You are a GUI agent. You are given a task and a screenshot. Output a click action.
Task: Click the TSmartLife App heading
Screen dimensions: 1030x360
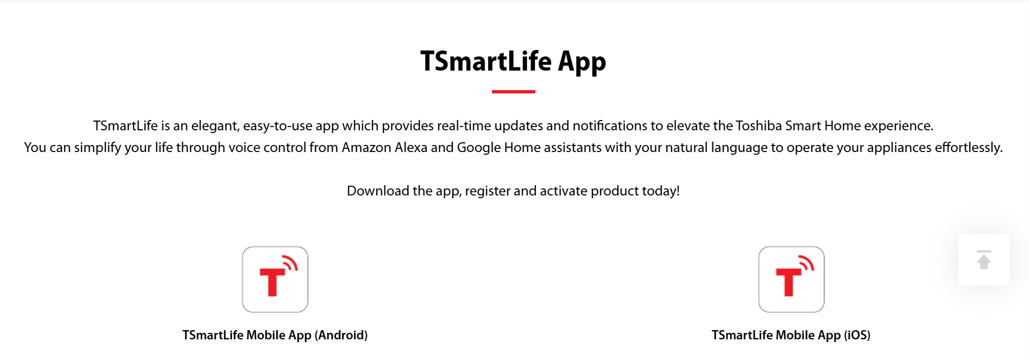(x=513, y=61)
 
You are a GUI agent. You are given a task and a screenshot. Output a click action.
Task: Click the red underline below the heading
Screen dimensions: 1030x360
(x=513, y=92)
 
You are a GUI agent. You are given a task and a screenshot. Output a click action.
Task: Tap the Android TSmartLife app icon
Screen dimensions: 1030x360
(x=275, y=280)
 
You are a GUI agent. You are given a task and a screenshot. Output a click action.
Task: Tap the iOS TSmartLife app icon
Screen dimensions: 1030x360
(x=791, y=280)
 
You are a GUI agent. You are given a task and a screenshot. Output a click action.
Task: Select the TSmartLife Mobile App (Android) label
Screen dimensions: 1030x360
(x=275, y=335)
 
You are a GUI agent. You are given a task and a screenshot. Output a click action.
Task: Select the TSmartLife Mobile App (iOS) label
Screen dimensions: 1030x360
(x=791, y=335)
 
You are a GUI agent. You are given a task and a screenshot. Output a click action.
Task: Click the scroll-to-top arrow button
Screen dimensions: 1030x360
(x=984, y=260)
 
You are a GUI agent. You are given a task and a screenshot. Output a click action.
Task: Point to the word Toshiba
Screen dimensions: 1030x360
(x=759, y=125)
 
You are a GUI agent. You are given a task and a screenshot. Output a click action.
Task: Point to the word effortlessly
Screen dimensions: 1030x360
(x=969, y=148)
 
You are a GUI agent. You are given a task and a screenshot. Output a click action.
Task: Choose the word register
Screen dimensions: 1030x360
(x=488, y=192)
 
